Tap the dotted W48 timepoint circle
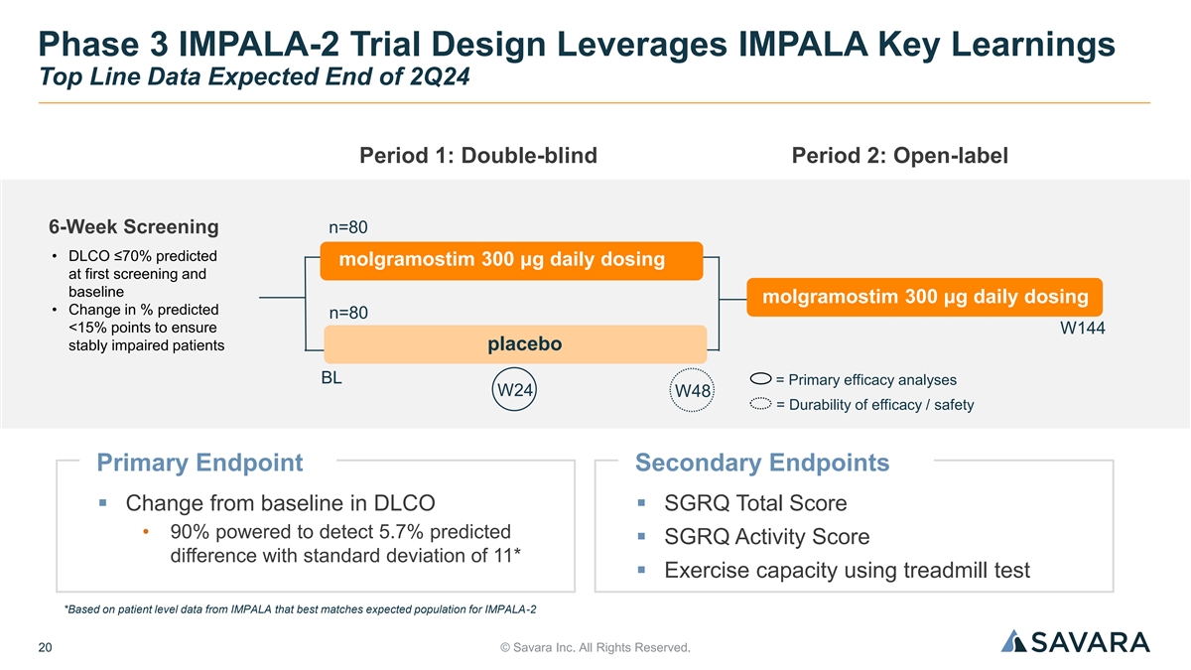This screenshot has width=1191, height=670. point(693,391)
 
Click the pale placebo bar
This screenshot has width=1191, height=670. point(514,344)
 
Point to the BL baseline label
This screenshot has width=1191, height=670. point(331,379)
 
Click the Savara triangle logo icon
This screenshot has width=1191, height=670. point(1013,641)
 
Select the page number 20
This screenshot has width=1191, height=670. point(46,648)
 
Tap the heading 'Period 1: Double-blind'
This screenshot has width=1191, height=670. point(477,156)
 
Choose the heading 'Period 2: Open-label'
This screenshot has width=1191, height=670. point(899,156)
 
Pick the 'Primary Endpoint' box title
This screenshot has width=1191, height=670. point(199,463)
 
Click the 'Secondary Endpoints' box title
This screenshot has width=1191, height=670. point(761,463)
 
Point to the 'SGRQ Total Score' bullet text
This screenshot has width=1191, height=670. point(755,503)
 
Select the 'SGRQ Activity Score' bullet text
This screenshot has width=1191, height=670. point(766,537)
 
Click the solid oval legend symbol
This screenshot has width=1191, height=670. point(761,378)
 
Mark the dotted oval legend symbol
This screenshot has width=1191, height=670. point(761,404)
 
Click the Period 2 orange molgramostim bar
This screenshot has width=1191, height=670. point(924,297)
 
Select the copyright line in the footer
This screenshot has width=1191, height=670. point(595,648)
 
